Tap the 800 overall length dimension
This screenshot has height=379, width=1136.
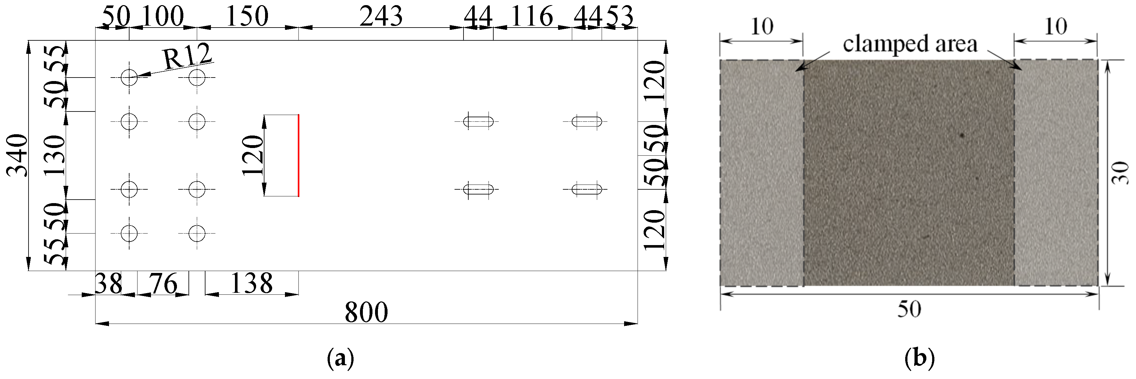pyautogui.click(x=366, y=312)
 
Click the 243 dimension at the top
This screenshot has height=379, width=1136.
pyautogui.click(x=381, y=17)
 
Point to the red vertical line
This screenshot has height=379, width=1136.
pyautogui.click(x=298, y=156)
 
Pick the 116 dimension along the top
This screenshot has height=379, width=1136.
pyautogui.click(x=532, y=17)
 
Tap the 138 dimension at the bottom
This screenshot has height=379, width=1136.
pyautogui.click(x=251, y=283)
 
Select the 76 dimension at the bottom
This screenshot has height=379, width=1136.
pyautogui.click(x=163, y=283)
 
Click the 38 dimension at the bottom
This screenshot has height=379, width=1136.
pyautogui.click(x=108, y=283)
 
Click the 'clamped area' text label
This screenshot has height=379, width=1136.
pyautogui.click(x=910, y=44)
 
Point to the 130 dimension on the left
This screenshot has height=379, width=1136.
pyautogui.click(x=55, y=156)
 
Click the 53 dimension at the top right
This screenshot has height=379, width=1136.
pyautogui.click(x=620, y=17)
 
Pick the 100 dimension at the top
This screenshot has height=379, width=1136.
pyautogui.click(x=163, y=17)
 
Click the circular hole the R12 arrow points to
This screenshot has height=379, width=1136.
pyautogui.click(x=129, y=78)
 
